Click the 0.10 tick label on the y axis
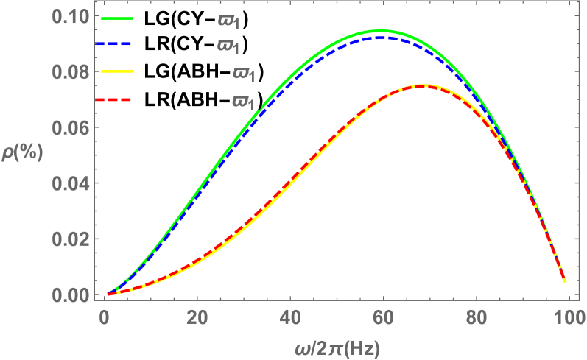[x=71, y=16]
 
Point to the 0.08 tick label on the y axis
[x=71, y=72]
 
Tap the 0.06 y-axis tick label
[x=71, y=128]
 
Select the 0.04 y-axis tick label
[x=71, y=183]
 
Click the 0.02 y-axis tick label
[x=71, y=239]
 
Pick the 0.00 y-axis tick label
[x=71, y=294]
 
